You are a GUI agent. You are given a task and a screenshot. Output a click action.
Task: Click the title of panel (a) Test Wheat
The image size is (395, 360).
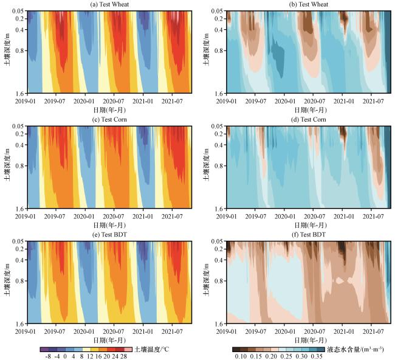pos(109,4)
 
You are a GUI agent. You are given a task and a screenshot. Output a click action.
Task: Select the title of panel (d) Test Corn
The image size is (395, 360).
pos(309,119)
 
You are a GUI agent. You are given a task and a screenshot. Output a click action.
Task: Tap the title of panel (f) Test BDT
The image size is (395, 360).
pos(309,235)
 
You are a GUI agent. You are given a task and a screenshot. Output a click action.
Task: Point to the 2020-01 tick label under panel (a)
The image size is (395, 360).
pos(84,102)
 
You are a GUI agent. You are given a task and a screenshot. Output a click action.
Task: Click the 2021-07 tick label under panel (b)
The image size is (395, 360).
pos(373,102)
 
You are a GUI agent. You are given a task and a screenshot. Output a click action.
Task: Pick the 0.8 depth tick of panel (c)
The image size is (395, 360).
pos(19,166)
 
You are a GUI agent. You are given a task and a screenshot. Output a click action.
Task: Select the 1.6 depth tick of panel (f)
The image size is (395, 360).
pos(219,324)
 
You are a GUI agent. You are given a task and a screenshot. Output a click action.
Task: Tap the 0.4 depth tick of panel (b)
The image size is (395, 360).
pos(219,30)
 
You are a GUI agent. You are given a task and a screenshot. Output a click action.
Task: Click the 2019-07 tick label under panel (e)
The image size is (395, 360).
pos(55,331)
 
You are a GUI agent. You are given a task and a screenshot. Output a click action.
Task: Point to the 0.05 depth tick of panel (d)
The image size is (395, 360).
pos(217,126)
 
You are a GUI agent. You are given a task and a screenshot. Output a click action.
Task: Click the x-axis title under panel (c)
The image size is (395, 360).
pos(109,225)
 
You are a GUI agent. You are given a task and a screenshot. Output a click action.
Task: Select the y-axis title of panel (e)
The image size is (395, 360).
pos(7,280)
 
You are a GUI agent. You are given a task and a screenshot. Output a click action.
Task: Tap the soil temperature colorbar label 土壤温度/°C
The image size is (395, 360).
pos(152,349)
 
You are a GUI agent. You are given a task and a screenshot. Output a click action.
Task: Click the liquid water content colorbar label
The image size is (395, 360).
pos(355,349)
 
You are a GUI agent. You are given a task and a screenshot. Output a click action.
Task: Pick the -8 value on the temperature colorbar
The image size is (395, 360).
pos(48,356)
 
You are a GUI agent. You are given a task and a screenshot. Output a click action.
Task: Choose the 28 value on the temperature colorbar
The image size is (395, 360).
pos(123,356)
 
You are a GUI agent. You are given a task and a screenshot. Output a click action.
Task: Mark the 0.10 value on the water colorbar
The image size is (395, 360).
pos(241,356)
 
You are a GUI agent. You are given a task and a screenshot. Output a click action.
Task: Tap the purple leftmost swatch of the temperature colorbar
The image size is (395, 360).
pos(44,350)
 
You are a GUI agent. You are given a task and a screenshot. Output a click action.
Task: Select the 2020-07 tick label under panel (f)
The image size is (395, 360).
pos(314,331)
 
